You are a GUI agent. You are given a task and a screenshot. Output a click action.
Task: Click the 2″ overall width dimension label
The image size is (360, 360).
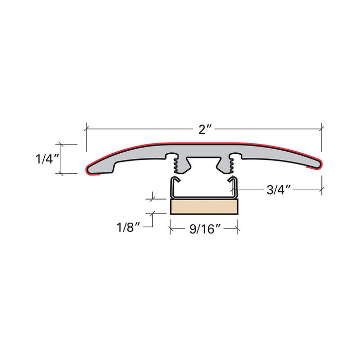coord(204,129)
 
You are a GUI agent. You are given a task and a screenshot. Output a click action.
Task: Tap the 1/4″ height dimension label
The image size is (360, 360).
coord(48,159)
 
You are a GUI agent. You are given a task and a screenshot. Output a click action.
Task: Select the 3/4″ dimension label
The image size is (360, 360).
coord(279,190)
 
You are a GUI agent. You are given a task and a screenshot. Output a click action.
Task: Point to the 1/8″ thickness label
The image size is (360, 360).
coord(129,227)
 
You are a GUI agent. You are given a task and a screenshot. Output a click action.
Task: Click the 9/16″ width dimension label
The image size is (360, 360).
coord(205,229)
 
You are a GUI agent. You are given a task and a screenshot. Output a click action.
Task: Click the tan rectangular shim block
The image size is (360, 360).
coord(204,206)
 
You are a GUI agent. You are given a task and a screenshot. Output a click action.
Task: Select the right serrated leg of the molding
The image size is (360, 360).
coord(226,164)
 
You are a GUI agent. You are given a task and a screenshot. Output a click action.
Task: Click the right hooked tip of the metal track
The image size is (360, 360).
coord(231,179)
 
